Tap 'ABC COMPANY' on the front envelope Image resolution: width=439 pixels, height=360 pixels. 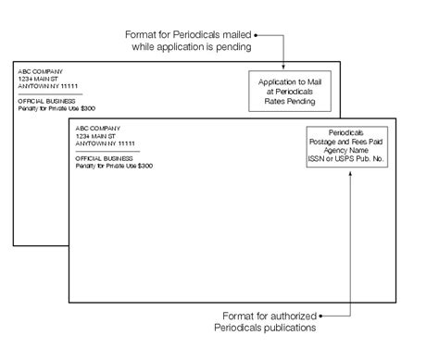coord(96,127)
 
